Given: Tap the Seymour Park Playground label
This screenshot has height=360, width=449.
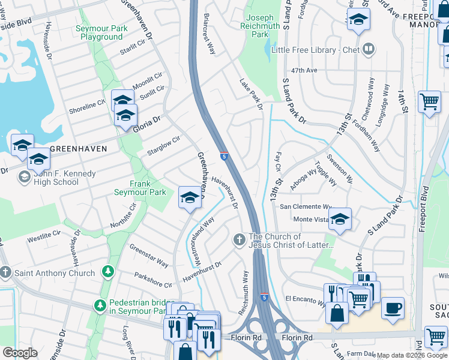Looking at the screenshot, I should (99, 32).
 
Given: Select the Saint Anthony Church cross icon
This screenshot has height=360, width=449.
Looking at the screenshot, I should (6, 273).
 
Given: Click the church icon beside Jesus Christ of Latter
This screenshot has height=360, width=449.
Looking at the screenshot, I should (239, 240).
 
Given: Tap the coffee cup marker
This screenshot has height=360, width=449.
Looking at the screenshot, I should (393, 308).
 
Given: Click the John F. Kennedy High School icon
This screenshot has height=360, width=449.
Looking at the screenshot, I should (25, 176).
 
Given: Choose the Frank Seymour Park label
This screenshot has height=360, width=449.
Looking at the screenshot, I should (140, 188).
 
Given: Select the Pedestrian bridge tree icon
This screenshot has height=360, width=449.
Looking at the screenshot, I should (100, 307).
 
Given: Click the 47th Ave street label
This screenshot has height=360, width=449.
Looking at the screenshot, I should (304, 70).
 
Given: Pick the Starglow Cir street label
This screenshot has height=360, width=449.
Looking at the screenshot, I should (164, 146).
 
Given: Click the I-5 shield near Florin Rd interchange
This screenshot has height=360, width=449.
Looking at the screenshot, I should (265, 297).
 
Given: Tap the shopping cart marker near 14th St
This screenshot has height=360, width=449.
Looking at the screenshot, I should (429, 101).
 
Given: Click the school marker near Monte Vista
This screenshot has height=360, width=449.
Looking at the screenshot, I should (340, 220).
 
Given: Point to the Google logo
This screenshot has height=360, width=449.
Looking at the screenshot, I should (20, 353).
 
